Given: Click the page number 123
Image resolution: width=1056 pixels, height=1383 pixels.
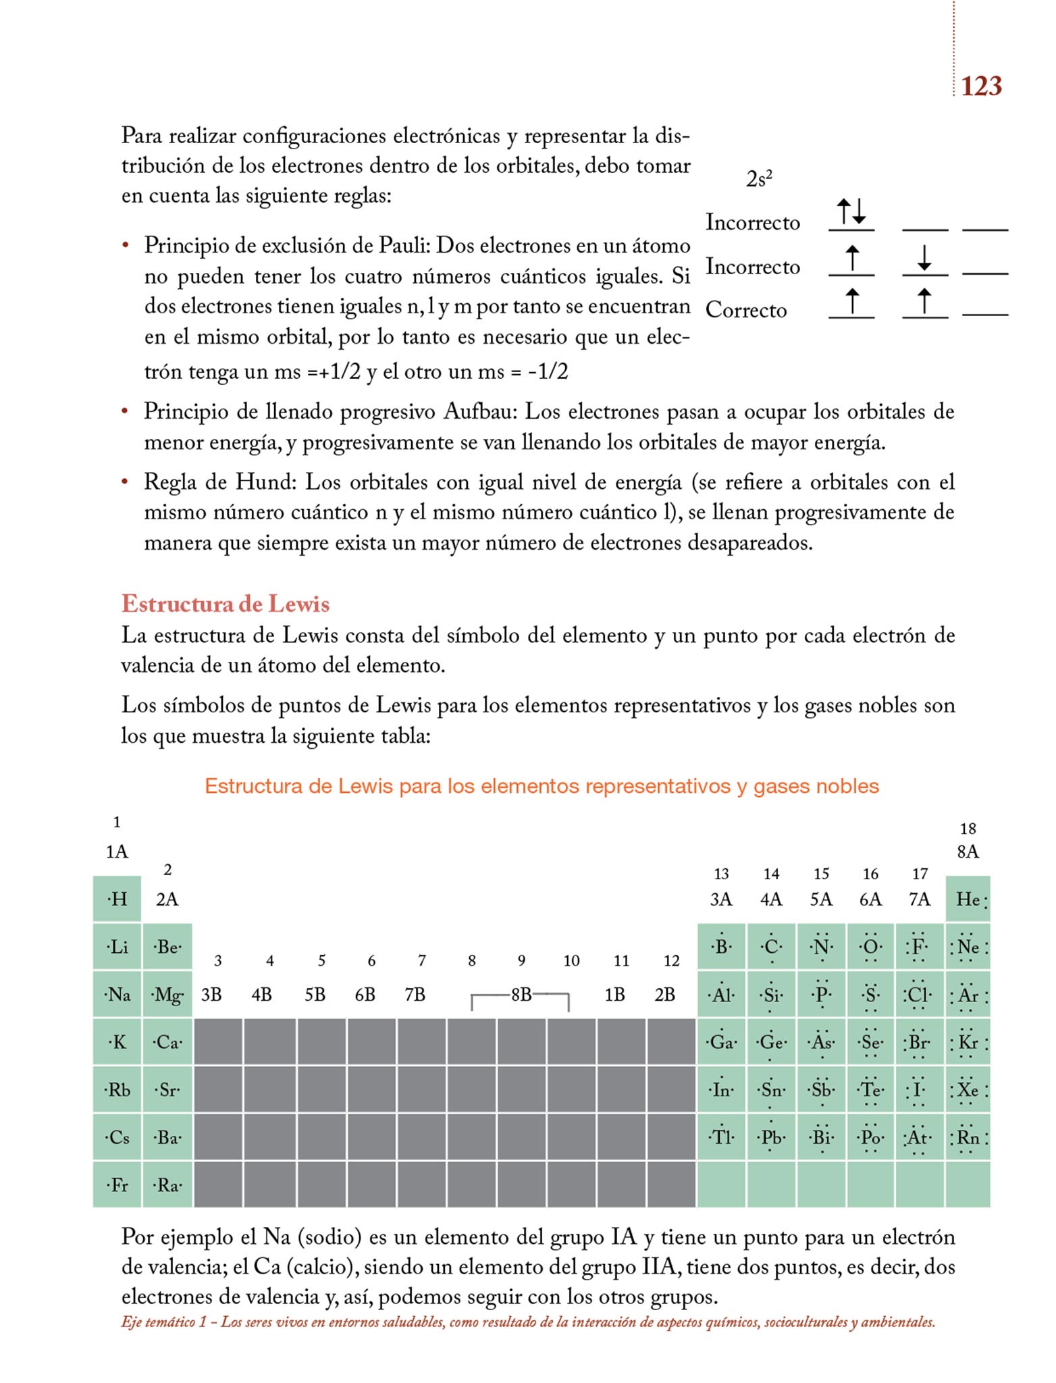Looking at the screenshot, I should pyautogui.click(x=981, y=86).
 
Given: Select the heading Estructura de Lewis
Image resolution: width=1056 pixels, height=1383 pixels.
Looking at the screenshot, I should pyautogui.click(x=226, y=603).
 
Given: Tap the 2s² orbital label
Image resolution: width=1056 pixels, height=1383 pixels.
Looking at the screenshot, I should pyautogui.click(x=759, y=179).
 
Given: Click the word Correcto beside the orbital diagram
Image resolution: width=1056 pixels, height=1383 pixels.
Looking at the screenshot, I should pyautogui.click(x=746, y=311).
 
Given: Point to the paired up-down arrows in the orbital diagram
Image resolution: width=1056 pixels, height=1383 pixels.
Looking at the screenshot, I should pyautogui.click(x=851, y=211).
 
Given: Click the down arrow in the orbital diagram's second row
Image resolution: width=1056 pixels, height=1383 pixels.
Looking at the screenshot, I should pyautogui.click(x=924, y=258).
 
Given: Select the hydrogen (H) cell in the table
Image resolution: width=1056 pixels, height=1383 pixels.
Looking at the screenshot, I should pyautogui.click(x=117, y=899).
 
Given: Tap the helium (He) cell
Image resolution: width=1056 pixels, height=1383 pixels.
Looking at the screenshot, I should pyautogui.click(x=968, y=899).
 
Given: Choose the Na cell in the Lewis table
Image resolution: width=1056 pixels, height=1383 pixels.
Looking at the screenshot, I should pyautogui.click(x=117, y=995).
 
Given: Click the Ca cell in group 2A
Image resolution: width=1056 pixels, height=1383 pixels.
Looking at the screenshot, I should pyautogui.click(x=167, y=1042).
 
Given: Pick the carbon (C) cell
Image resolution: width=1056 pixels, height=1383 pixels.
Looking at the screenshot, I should pyautogui.click(x=771, y=947).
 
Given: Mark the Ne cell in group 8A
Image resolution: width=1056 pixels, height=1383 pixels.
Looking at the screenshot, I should pyautogui.click(x=968, y=947).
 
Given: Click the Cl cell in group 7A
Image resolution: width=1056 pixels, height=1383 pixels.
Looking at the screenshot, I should pyautogui.click(x=919, y=995).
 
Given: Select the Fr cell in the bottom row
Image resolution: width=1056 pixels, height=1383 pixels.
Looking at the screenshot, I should pyautogui.click(x=117, y=1185).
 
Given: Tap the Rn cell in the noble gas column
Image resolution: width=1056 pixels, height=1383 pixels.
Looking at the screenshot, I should pyautogui.click(x=968, y=1138).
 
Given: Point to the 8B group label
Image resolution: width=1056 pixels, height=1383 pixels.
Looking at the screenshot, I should pyautogui.click(x=521, y=995).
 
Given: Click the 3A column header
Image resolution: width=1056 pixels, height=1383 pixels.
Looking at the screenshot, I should pyautogui.click(x=721, y=899).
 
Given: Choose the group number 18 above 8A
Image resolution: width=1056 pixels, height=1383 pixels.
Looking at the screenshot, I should pyautogui.click(x=968, y=829).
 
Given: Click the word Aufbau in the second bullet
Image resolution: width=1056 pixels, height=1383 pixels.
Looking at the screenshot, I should pyautogui.click(x=480, y=411).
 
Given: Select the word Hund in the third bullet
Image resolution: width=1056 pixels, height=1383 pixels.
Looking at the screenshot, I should pyautogui.click(x=265, y=482).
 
